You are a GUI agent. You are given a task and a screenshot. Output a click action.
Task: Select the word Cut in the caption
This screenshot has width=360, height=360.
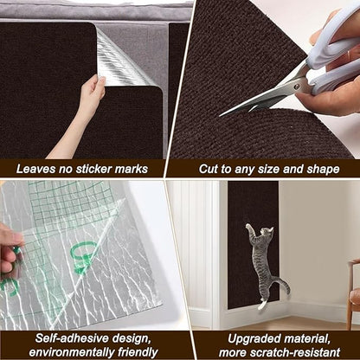click(210, 169)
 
